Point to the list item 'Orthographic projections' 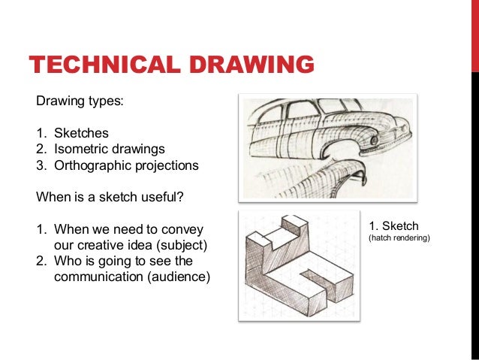tap(126, 165)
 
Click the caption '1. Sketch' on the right tap(394, 225)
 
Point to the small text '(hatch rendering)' tap(398, 238)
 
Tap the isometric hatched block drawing tap(300, 267)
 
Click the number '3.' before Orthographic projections tap(42, 165)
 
